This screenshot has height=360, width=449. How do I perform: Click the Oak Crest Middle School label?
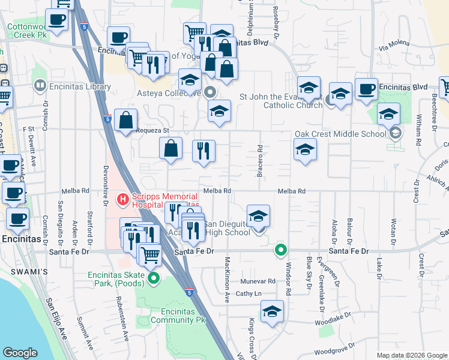(x=340, y=134)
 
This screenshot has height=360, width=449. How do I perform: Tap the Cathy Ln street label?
(x=249, y=293)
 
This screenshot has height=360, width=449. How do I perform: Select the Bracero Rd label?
(x=261, y=157)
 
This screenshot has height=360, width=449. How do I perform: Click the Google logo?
(x=20, y=353)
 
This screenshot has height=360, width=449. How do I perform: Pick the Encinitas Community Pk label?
(x=178, y=316)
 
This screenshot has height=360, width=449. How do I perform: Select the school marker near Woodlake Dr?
(x=272, y=312)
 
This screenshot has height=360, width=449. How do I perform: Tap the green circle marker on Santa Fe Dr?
(x=280, y=250)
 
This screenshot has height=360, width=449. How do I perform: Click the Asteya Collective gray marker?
(x=209, y=92)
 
